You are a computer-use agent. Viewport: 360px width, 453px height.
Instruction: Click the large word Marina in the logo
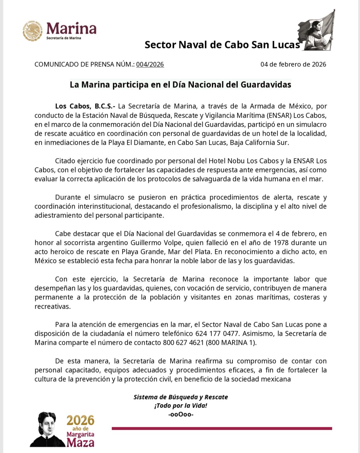(x=71, y=29)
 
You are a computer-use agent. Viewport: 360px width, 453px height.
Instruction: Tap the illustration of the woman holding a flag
(x=318, y=31)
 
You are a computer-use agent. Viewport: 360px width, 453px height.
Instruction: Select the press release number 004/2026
(x=150, y=64)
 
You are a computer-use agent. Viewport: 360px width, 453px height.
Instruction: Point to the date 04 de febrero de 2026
(x=293, y=64)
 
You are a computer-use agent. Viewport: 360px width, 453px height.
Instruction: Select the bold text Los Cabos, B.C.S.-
(x=86, y=106)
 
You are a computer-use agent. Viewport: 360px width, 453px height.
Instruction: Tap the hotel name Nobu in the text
(x=236, y=161)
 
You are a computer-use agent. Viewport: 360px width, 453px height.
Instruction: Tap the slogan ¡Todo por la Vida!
(x=181, y=406)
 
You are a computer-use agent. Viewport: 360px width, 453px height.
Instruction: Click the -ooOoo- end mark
(x=181, y=414)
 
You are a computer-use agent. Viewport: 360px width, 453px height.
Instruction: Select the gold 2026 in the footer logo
(x=80, y=420)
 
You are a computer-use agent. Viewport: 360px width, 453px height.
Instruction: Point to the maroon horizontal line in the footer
(x=222, y=428)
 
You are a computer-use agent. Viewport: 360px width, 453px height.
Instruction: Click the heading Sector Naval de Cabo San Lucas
(x=222, y=45)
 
